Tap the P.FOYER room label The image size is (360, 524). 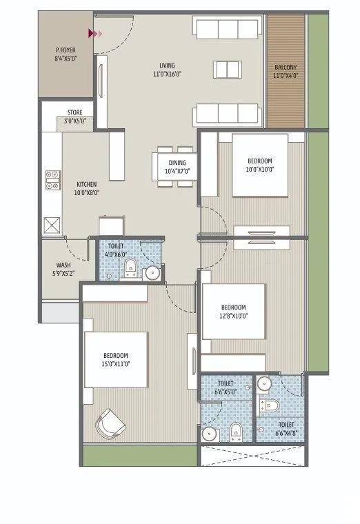click(66, 54)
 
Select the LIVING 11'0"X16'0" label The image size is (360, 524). click(167, 70)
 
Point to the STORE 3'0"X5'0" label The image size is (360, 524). click(75, 117)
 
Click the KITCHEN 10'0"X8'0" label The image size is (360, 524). click(87, 188)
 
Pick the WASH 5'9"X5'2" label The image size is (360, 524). click(63, 268)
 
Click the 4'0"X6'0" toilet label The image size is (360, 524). click(116, 250)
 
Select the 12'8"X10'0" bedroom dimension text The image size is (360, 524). click(233, 316)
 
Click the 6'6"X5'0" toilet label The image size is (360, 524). click(225, 387)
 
